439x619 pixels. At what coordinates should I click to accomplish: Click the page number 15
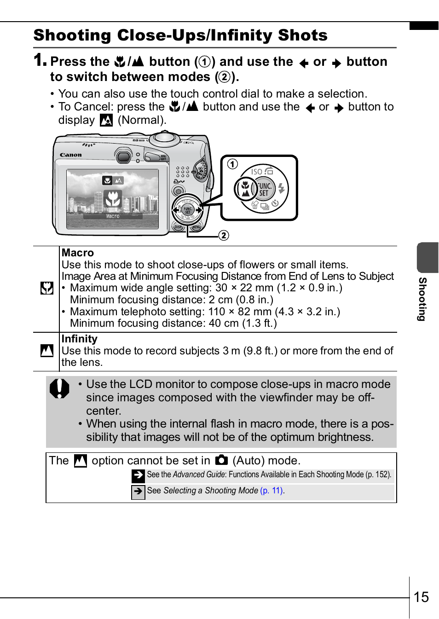click(421, 597)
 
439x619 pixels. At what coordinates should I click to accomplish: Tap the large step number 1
click(40, 60)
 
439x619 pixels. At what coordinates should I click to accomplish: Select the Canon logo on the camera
click(71, 155)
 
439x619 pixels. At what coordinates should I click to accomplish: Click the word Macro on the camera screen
click(113, 216)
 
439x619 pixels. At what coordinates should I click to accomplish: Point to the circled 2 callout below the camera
click(224, 235)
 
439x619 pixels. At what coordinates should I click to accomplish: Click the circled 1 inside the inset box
click(233, 164)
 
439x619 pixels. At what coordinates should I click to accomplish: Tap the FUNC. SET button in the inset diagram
click(264, 189)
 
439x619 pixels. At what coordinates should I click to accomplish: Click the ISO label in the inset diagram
click(256, 172)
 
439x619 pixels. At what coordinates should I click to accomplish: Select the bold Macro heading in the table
click(77, 253)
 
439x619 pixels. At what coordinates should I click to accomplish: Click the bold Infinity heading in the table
click(79, 339)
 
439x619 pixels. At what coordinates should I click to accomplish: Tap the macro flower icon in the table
click(47, 288)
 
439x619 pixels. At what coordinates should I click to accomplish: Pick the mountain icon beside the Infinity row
click(47, 351)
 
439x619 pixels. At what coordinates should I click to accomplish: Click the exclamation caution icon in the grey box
click(59, 388)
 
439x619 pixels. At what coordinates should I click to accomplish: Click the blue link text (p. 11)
click(271, 491)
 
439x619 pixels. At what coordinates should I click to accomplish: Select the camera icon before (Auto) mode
click(221, 460)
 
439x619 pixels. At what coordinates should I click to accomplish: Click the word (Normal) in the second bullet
click(141, 120)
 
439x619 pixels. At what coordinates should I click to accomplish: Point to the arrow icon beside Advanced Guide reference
click(138, 475)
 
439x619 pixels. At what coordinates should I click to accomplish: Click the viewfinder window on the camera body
click(123, 156)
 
